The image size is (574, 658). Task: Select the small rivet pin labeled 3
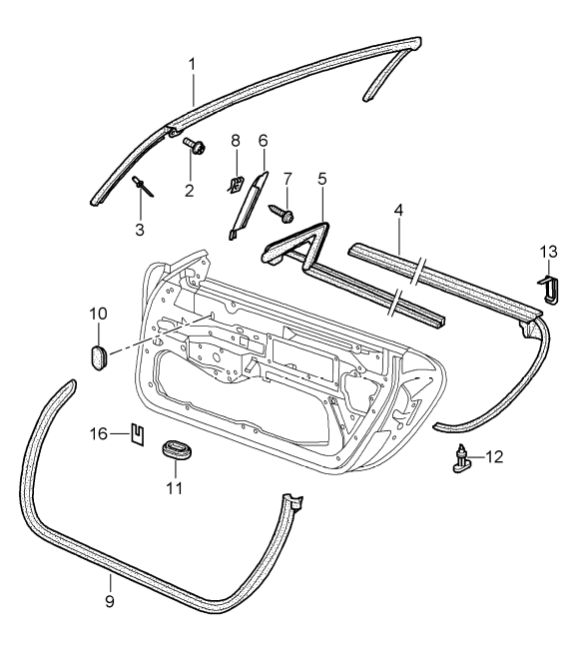[x=140, y=187]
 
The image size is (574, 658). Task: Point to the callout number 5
[x=321, y=180]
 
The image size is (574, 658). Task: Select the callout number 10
[x=99, y=314]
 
